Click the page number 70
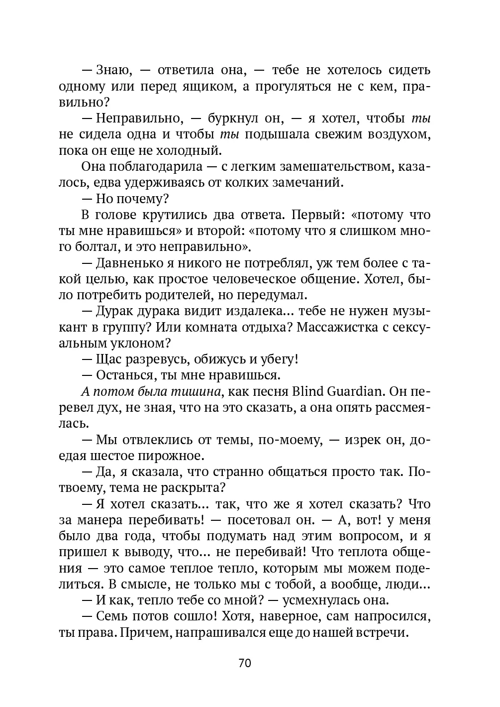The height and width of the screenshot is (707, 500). (x=245, y=663)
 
